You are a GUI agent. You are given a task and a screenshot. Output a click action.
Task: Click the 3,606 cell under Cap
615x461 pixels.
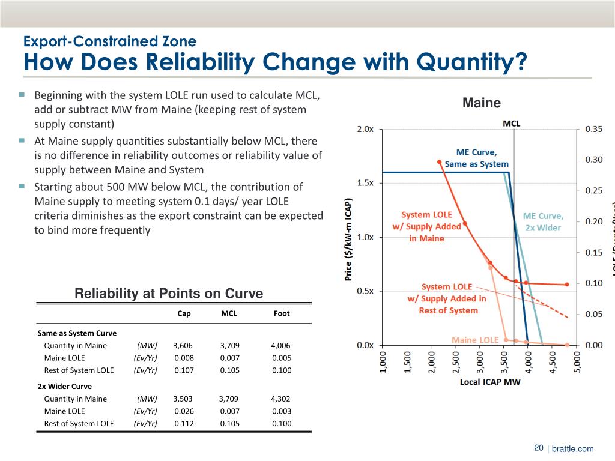tap(183, 345)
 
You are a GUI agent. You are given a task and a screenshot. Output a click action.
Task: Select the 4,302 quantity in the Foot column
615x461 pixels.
tap(280, 399)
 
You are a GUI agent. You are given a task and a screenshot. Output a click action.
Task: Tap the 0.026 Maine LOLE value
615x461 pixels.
tap(184, 411)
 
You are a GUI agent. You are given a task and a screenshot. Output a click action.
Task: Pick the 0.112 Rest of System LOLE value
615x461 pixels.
tap(184, 424)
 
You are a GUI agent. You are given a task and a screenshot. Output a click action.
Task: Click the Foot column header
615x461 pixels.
tap(282, 313)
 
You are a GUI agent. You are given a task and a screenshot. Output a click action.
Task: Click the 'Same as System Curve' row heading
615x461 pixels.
tap(77, 333)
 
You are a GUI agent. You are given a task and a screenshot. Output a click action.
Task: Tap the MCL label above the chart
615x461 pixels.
tap(512, 124)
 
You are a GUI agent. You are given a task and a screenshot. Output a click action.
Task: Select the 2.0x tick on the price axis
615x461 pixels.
tap(365, 129)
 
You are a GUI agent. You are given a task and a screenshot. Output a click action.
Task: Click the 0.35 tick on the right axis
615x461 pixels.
tap(594, 129)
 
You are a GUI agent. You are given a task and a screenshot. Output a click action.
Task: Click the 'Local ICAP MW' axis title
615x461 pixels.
tap(489, 381)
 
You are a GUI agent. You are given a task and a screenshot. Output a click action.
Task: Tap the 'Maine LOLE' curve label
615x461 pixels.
tap(475, 340)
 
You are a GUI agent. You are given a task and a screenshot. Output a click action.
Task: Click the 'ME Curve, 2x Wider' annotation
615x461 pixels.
tap(543, 221)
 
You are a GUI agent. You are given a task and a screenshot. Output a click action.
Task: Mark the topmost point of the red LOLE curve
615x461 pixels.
tap(440, 162)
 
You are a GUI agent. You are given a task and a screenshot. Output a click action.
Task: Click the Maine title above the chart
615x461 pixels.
tap(482, 103)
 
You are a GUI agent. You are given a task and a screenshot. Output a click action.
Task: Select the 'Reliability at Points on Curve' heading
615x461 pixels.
tap(169, 294)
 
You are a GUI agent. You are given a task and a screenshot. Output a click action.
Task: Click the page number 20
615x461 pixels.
tap(538, 448)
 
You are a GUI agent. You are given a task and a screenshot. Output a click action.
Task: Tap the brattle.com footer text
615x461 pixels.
tap(572, 448)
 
